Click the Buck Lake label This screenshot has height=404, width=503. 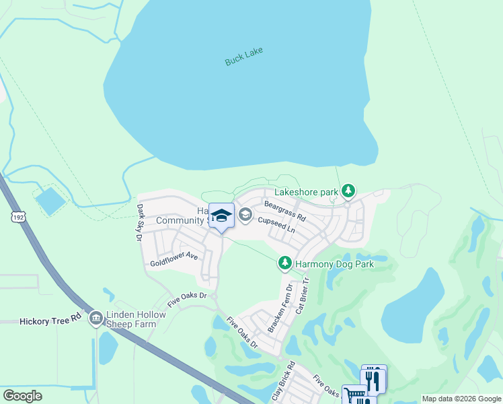pyautogui.click(x=243, y=57)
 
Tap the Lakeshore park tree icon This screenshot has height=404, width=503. pyautogui.click(x=348, y=192)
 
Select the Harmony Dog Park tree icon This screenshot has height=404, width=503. pyautogui.click(x=285, y=263)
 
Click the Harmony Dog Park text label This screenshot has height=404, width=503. pyautogui.click(x=334, y=264)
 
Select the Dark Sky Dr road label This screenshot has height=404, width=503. pyautogui.click(x=140, y=223)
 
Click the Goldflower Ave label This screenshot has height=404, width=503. pyautogui.click(x=174, y=257)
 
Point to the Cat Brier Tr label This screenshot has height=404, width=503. pyautogui.click(x=302, y=297)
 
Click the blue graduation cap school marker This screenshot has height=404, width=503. pyautogui.click(x=221, y=216)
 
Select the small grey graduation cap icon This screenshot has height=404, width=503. pyautogui.click(x=245, y=215)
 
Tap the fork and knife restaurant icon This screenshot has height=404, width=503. pyautogui.click(x=374, y=378)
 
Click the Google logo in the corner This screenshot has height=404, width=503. pyautogui.click(x=22, y=396)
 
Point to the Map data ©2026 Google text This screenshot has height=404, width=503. pyautogui.click(x=461, y=399)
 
